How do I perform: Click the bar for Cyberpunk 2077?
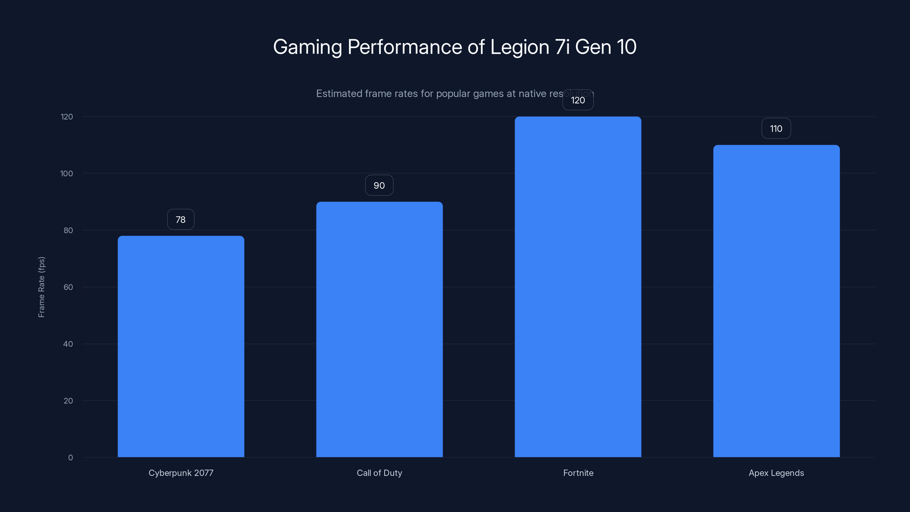pyautogui.click(x=181, y=346)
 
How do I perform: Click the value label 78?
pyautogui.click(x=181, y=219)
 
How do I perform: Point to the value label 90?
pyautogui.click(x=379, y=185)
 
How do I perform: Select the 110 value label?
pyautogui.click(x=776, y=129)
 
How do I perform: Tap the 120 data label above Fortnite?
pyautogui.click(x=578, y=100)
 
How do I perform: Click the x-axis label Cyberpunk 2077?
pyautogui.click(x=181, y=473)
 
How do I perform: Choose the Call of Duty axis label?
pyautogui.click(x=379, y=473)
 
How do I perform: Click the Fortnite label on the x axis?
pyautogui.click(x=578, y=473)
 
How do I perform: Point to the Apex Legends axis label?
pyautogui.click(x=776, y=473)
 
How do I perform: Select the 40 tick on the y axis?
pyautogui.click(x=68, y=344)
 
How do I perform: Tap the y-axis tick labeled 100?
pyautogui.click(x=67, y=174)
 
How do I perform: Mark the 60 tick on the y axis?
pyautogui.click(x=68, y=287)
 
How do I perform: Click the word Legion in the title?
pyautogui.click(x=519, y=47)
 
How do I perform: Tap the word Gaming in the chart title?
pyautogui.click(x=307, y=47)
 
